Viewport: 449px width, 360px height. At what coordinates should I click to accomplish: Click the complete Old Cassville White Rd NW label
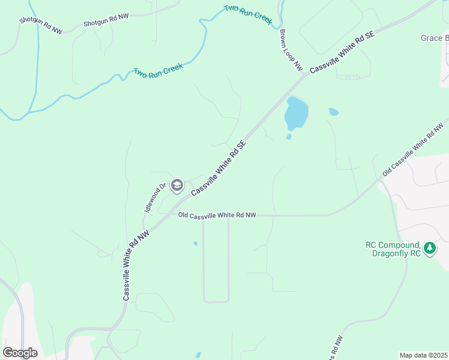point(217,215)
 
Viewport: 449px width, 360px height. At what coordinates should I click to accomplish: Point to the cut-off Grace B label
point(434,38)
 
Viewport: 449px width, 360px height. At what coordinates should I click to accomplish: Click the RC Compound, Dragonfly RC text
point(393,249)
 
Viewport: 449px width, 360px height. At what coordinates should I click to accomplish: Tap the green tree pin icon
point(429,248)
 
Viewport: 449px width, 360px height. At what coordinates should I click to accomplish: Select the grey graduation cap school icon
point(176,185)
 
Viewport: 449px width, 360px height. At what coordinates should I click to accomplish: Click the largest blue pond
point(296,113)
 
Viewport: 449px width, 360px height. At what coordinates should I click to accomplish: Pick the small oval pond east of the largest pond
point(334,112)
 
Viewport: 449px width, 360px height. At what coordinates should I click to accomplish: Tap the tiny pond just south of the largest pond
point(289,137)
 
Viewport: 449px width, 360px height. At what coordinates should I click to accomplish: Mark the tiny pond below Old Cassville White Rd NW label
point(196,244)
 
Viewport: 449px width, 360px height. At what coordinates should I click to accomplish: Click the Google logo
point(20,352)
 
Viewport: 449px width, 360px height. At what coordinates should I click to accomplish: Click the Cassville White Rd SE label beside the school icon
point(219,169)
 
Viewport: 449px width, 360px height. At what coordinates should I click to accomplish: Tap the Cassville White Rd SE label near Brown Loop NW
point(342,53)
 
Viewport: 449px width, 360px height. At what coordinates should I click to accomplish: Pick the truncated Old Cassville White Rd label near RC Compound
point(416,148)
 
